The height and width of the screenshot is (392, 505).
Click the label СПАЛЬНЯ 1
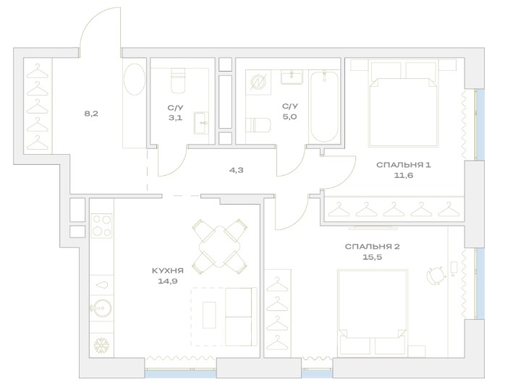click(x=403, y=165)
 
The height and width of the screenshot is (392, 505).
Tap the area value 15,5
click(x=373, y=257)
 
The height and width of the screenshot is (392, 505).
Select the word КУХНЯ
click(x=167, y=271)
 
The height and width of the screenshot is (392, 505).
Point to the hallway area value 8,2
click(x=91, y=114)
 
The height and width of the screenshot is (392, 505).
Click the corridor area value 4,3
click(x=236, y=170)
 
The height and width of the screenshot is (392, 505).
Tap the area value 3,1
click(x=176, y=117)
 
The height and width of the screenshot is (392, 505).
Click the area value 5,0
click(x=290, y=116)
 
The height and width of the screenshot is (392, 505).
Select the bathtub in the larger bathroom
click(x=324, y=106)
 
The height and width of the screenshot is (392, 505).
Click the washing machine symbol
click(x=258, y=82)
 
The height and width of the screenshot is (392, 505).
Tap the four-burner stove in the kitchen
click(x=101, y=226)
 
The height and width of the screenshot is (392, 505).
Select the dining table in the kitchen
click(x=220, y=247)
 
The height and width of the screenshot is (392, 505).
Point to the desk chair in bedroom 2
click(x=436, y=275)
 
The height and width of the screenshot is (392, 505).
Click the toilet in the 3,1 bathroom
click(x=178, y=80)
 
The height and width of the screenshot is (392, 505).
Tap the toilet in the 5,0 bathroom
click(x=258, y=125)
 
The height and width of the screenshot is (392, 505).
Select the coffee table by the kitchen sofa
click(x=209, y=315)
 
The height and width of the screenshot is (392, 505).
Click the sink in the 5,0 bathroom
click(x=292, y=77)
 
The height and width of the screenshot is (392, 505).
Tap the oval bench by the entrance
click(x=135, y=79)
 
